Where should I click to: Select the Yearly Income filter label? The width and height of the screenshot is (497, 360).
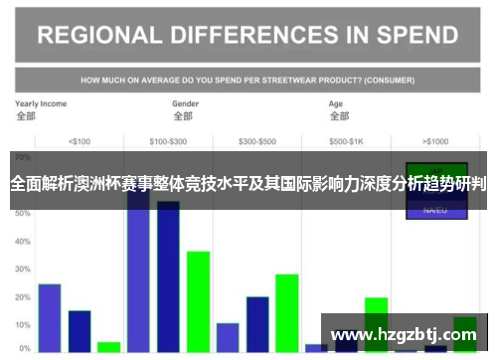(41, 103)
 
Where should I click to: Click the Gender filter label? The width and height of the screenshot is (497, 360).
(186, 103)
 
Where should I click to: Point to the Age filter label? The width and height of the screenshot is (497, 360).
(338, 103)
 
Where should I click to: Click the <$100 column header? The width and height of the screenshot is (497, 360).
(79, 141)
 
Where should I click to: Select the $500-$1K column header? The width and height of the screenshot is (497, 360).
(347, 141)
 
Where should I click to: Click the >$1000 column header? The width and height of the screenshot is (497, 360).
(435, 141)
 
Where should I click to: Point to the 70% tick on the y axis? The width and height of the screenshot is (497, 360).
(23, 158)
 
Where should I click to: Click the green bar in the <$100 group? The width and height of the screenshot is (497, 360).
(108, 347)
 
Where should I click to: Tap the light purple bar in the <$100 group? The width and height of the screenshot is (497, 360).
(50, 318)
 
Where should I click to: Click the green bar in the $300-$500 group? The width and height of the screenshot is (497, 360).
(287, 313)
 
